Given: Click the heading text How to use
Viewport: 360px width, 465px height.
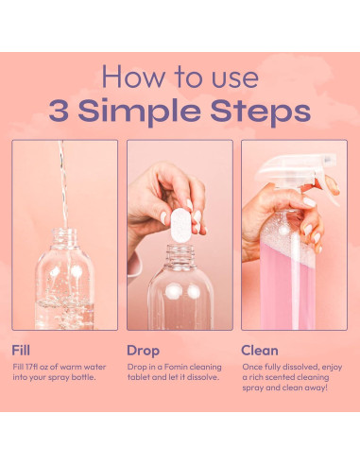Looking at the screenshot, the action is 180,77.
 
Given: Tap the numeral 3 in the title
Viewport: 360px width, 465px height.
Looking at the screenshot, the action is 59,111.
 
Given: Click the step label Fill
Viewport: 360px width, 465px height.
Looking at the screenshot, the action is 21,351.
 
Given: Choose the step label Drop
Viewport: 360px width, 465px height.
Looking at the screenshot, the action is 143,352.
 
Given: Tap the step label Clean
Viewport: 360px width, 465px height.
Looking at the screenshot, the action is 260,351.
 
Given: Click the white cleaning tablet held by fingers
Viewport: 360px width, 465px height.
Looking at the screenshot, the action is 180,225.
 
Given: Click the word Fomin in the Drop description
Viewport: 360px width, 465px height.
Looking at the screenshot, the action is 176,367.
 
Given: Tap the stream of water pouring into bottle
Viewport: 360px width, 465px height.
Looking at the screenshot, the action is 64,186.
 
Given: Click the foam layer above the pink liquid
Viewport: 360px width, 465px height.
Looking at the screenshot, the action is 286,243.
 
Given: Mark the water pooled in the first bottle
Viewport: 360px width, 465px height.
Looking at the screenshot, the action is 64,315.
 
